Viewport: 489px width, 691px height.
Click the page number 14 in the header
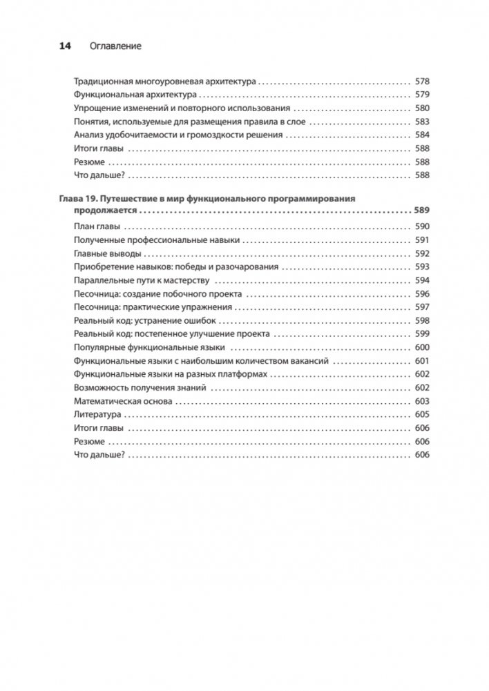[66, 46]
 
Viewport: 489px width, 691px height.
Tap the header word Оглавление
[115, 46]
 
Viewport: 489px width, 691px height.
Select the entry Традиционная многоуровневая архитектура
[164, 81]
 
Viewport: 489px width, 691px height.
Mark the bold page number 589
[420, 212]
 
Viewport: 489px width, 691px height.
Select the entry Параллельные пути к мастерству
[142, 280]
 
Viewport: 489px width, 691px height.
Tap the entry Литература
[97, 415]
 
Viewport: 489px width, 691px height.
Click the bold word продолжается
[99, 212]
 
